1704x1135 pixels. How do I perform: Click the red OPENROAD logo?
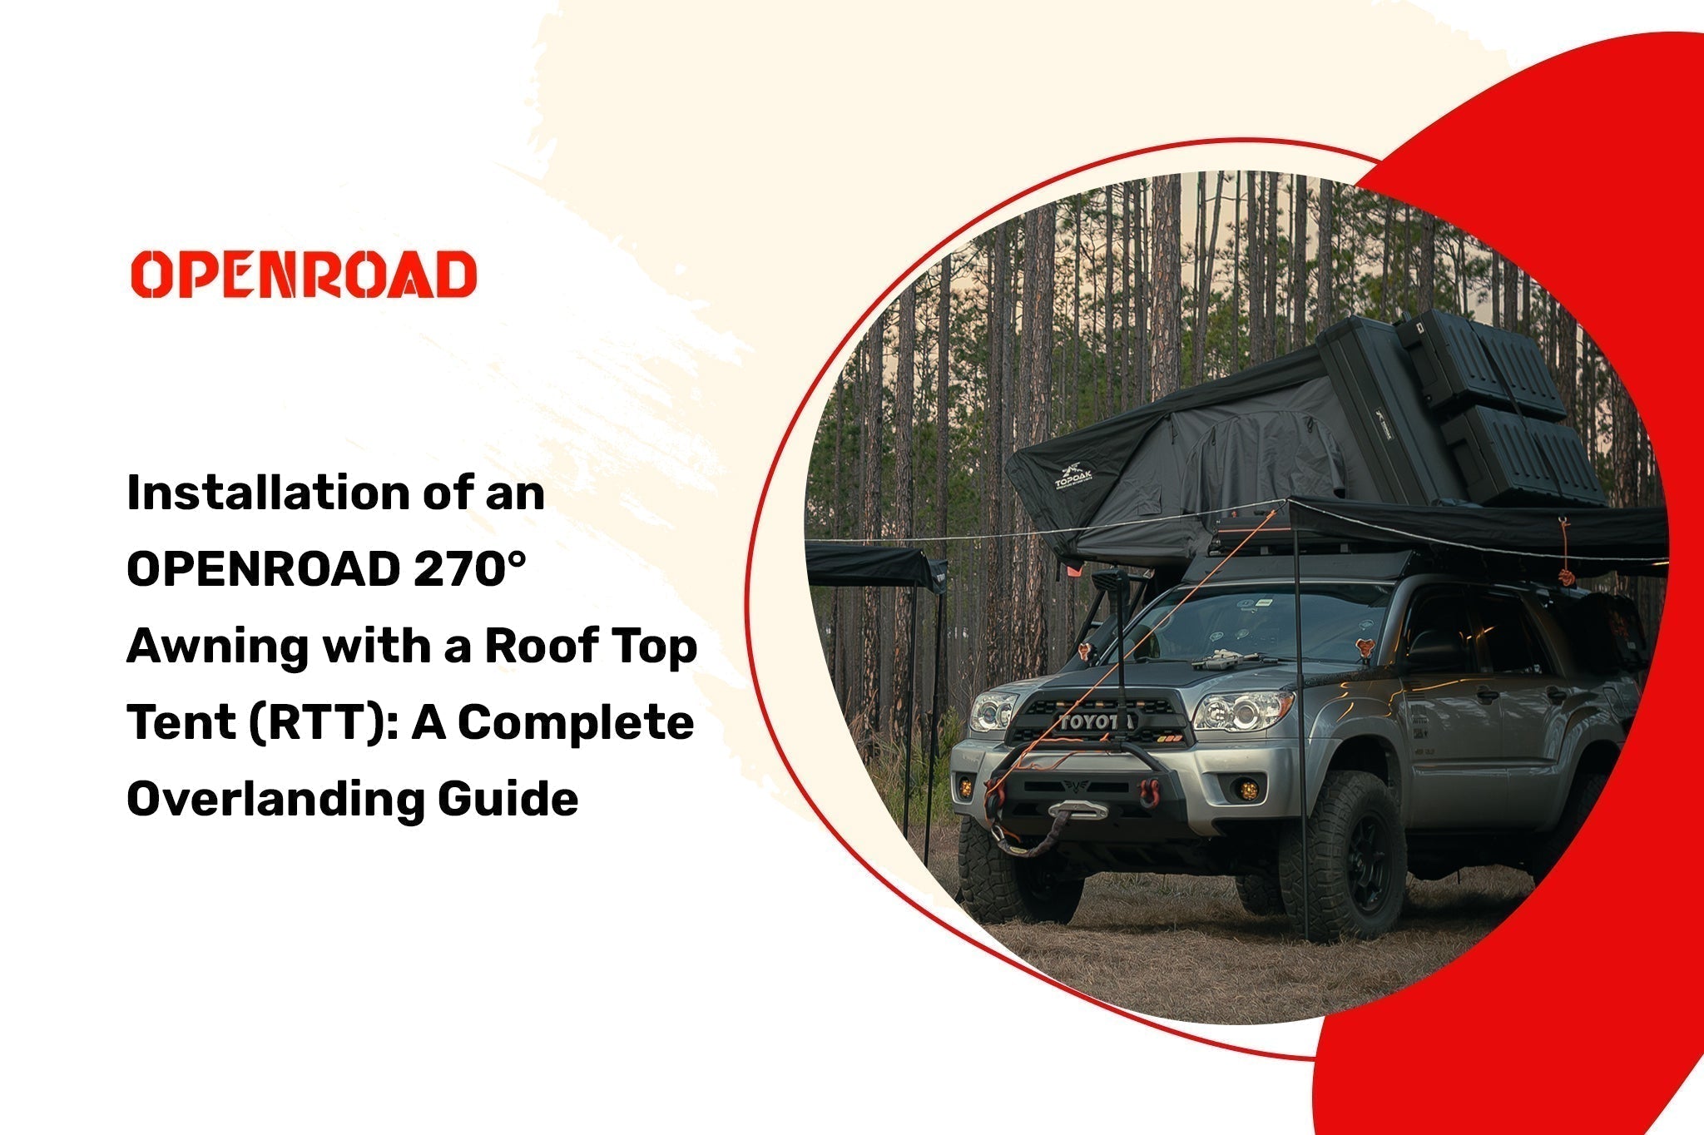pos(304,274)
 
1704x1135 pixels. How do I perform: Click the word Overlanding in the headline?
pos(275,800)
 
